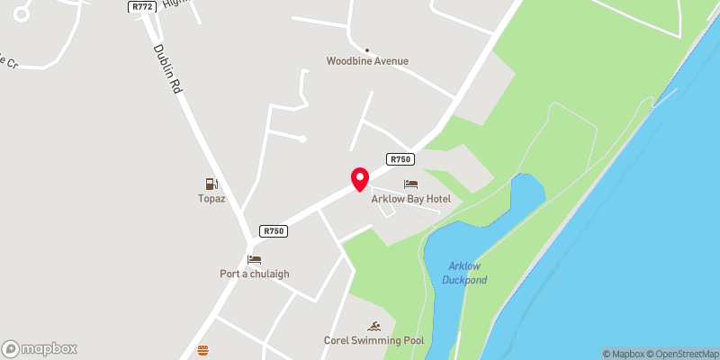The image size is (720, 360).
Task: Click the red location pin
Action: coord(359,178)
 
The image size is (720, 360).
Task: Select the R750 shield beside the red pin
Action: coord(400,159)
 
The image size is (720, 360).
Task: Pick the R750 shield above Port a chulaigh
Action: coord(274,231)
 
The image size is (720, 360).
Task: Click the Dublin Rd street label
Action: coord(168,70)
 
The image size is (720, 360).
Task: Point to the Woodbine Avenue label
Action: coord(367,61)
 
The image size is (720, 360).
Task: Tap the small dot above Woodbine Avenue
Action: coord(367,49)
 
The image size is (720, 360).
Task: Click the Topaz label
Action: coord(211,198)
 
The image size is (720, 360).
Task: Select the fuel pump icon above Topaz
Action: coord(211,184)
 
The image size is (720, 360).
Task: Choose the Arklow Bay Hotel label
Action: coord(410,199)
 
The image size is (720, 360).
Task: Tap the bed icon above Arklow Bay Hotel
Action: coord(410,184)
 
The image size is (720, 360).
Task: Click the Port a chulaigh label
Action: coord(255,274)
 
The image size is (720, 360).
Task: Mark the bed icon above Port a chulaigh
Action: coord(254,259)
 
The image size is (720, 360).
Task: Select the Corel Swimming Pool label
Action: coord(373,340)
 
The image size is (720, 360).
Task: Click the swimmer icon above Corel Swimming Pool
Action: coord(373,325)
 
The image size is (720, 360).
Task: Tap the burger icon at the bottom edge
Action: coord(202,351)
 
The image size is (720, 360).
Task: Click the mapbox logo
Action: coord(40,348)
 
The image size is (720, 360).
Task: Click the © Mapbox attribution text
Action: coord(625,354)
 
